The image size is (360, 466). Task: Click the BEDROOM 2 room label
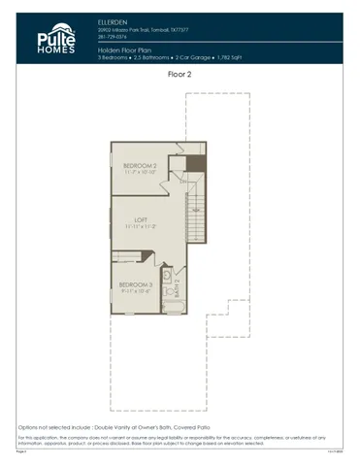[140, 166]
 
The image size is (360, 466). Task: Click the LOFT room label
[140, 220]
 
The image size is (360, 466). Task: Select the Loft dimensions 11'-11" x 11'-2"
[140, 228]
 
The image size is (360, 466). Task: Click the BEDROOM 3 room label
[136, 283]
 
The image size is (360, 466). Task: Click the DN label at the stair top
[185, 181]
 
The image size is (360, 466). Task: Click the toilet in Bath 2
[167, 274]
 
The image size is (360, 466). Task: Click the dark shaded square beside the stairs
[196, 162]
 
